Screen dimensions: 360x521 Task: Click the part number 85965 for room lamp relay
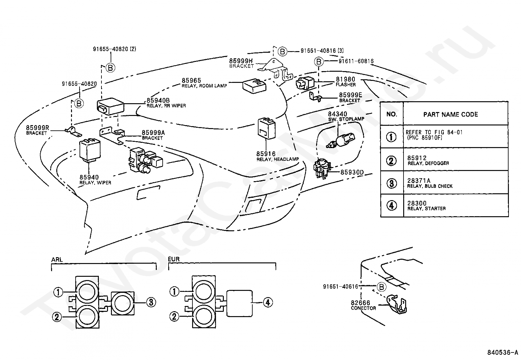191,81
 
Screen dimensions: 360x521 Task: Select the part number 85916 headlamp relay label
266,154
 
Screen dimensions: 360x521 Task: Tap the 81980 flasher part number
345,80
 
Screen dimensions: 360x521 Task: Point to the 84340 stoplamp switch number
338,114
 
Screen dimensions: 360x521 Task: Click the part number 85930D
352,172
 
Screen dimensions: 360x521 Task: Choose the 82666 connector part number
361,303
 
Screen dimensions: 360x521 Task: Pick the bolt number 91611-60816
356,61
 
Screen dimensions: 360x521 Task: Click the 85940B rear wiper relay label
158,101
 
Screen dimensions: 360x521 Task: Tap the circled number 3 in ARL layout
151,302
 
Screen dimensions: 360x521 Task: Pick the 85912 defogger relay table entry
417,158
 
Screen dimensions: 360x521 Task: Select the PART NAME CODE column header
450,115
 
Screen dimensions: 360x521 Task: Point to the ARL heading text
57,260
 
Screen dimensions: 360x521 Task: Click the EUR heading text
174,259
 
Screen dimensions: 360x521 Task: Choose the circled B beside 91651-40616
381,287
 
